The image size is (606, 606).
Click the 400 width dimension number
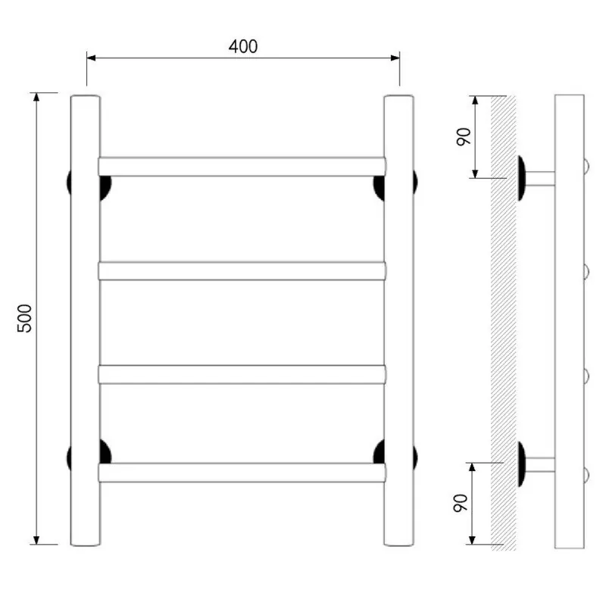[242, 46]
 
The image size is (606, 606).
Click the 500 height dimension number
[24, 318]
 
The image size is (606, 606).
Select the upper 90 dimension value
[464, 136]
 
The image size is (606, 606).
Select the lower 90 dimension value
[461, 503]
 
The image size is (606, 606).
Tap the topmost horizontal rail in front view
[242, 167]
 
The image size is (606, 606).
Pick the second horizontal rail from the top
[242, 271]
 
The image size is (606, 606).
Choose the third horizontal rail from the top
[242, 374]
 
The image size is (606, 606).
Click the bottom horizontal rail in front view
[242, 472]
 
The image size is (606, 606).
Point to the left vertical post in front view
[86, 320]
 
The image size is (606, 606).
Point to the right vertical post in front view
[399, 320]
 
